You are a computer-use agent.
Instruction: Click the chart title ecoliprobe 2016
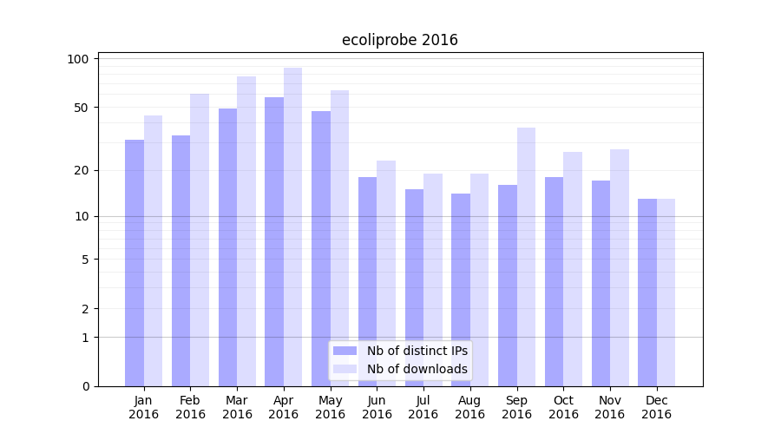pyautogui.click(x=399, y=40)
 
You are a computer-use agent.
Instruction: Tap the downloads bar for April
pyautogui.click(x=293, y=227)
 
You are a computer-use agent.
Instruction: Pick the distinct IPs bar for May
pyautogui.click(x=321, y=248)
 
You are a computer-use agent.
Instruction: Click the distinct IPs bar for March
pyautogui.click(x=227, y=247)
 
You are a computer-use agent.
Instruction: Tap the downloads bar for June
pyautogui.click(x=386, y=273)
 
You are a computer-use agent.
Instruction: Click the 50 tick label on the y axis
pyautogui.click(x=82, y=108)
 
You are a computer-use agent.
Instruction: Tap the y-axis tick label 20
pyautogui.click(x=82, y=170)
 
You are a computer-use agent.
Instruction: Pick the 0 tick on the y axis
pyautogui.click(x=85, y=386)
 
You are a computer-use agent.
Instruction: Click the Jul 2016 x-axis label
pyautogui.click(x=423, y=407)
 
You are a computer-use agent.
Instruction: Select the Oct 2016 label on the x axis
pyautogui.click(x=563, y=407)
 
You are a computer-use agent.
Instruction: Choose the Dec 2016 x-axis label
pyautogui.click(x=656, y=407)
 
